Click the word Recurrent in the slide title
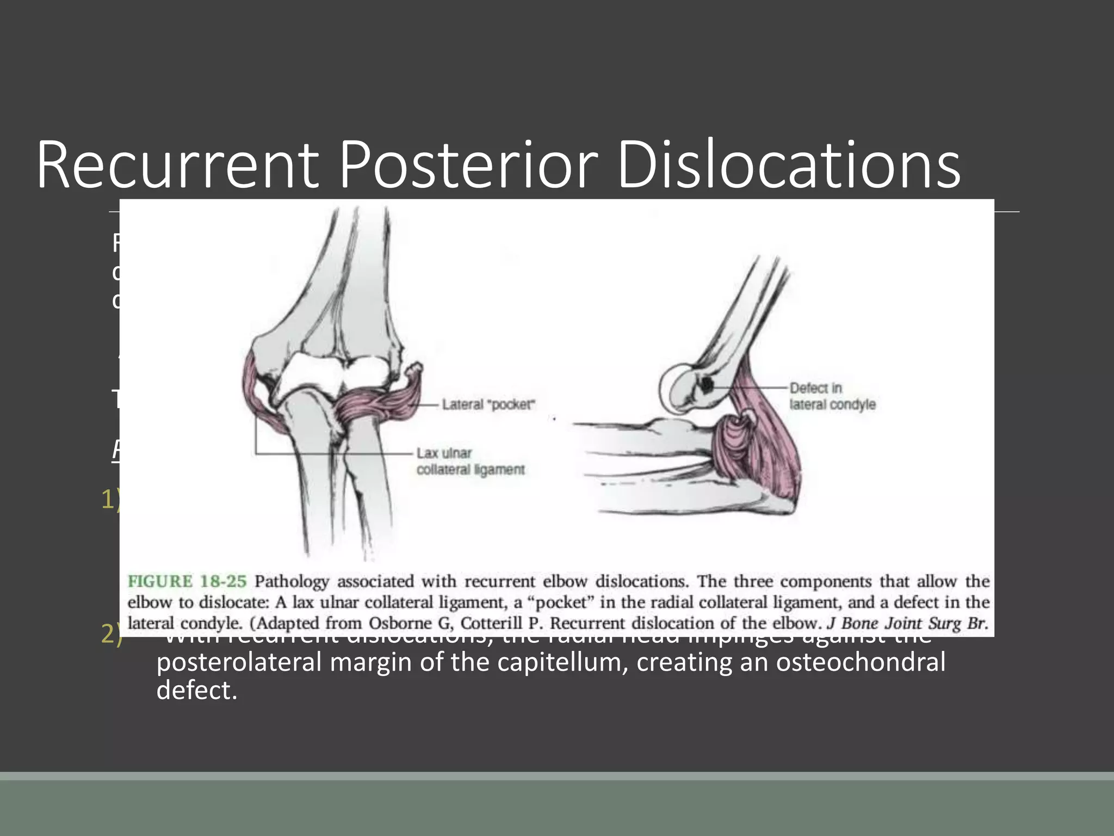[x=177, y=164]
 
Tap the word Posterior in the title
[x=469, y=164]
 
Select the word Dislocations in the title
[x=789, y=164]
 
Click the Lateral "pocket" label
[x=488, y=404]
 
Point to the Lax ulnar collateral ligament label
[x=471, y=461]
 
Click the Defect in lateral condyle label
[x=832, y=396]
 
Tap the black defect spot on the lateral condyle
[x=707, y=385]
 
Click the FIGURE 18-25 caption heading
[x=187, y=581]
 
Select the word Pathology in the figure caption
[x=292, y=581]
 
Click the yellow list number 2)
[x=112, y=635]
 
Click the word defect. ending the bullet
[x=197, y=690]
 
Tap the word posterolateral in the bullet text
[x=239, y=662]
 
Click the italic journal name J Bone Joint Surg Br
[x=907, y=623]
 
